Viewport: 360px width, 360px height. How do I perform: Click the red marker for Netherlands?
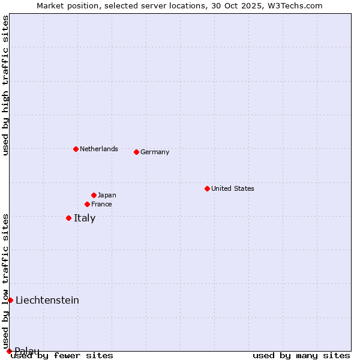[76, 149]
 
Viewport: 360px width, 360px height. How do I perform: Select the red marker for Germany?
[136, 152]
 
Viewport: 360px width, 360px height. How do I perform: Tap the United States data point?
[207, 188]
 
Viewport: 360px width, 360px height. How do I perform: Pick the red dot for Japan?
[94, 195]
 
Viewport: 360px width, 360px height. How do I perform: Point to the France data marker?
[87, 204]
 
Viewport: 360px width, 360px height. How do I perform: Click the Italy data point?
[68, 218]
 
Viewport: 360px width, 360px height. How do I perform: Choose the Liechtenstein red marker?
[10, 300]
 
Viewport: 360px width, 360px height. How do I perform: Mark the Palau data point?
[9, 351]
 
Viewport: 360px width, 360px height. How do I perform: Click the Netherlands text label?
[99, 149]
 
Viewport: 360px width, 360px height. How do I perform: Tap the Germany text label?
[155, 152]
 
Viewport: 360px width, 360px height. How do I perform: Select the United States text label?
[233, 188]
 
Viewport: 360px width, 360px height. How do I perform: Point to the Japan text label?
[107, 195]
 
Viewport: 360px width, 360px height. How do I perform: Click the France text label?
[101, 204]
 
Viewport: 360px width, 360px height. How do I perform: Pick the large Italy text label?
[85, 218]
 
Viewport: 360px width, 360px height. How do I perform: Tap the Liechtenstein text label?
[47, 300]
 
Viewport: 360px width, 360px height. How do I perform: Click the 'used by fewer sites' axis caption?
[62, 355]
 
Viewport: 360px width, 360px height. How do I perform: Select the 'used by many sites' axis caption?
[301, 355]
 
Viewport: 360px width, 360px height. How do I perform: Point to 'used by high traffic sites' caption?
[5, 85]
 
